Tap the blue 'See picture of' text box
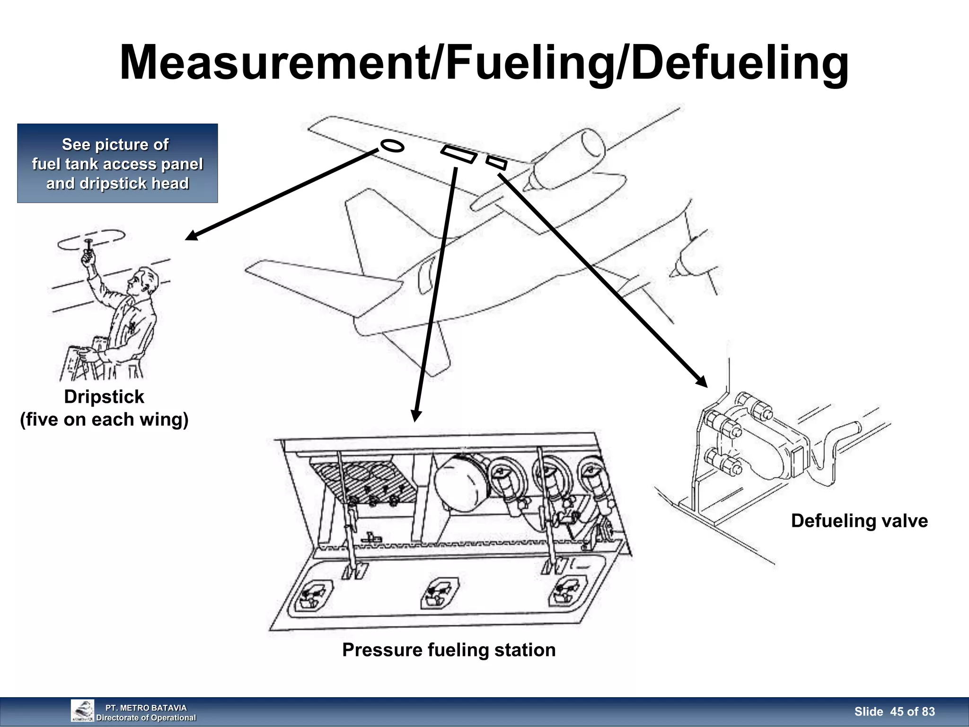click(x=117, y=163)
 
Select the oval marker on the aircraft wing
click(x=392, y=146)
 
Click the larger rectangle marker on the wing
click(x=458, y=154)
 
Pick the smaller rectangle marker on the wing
click(x=496, y=163)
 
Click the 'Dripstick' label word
click(x=104, y=397)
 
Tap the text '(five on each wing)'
click(x=104, y=419)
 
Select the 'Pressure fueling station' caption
click(x=449, y=650)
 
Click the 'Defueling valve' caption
click(x=859, y=521)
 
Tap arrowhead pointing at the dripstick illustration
click(x=191, y=236)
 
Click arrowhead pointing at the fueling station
click(x=416, y=415)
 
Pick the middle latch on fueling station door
click(x=440, y=593)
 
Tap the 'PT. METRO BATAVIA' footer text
click(x=146, y=708)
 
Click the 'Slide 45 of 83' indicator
click(x=894, y=711)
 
